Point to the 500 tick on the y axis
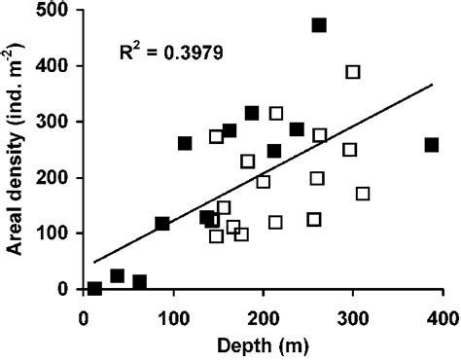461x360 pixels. pos(57,11)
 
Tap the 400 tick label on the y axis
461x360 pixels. pos(57,66)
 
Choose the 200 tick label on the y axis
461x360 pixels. pos(57,178)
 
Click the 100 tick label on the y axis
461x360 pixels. pos(57,234)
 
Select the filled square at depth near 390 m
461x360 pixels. pos(432,145)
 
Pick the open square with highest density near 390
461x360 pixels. pos(353,72)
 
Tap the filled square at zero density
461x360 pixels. pos(94,288)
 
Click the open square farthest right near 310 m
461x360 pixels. pos(363,194)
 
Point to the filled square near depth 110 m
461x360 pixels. pos(185,143)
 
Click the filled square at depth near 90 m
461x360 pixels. pos(162,224)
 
